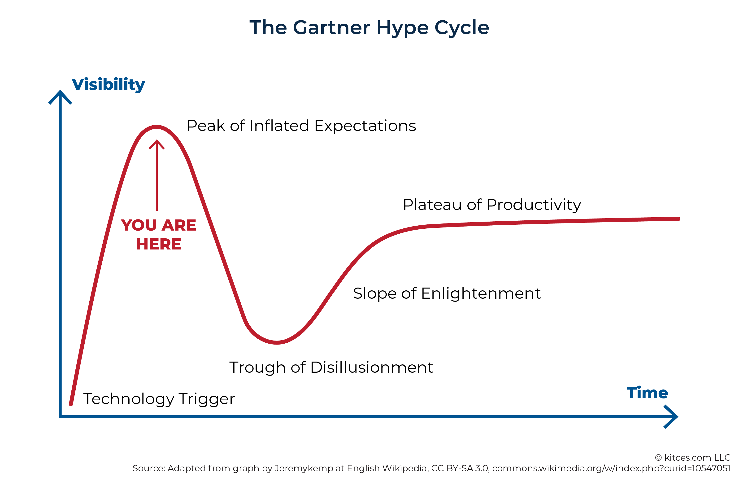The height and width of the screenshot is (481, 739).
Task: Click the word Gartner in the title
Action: (331, 27)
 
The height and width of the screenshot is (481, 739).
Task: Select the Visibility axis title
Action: (108, 85)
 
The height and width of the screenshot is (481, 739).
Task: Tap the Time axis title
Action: (647, 393)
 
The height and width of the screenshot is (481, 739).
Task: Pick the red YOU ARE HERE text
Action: (159, 234)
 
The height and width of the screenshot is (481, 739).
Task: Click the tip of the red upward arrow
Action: (157, 140)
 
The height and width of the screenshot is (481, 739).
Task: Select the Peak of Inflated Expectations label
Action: (301, 126)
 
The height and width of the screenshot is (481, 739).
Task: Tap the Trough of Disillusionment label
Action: (331, 367)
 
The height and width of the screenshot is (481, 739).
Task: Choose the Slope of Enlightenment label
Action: (447, 293)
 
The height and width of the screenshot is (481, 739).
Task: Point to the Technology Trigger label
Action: (159, 399)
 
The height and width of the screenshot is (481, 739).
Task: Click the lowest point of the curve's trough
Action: (277, 343)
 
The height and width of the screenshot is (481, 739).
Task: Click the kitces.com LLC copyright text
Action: (693, 457)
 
